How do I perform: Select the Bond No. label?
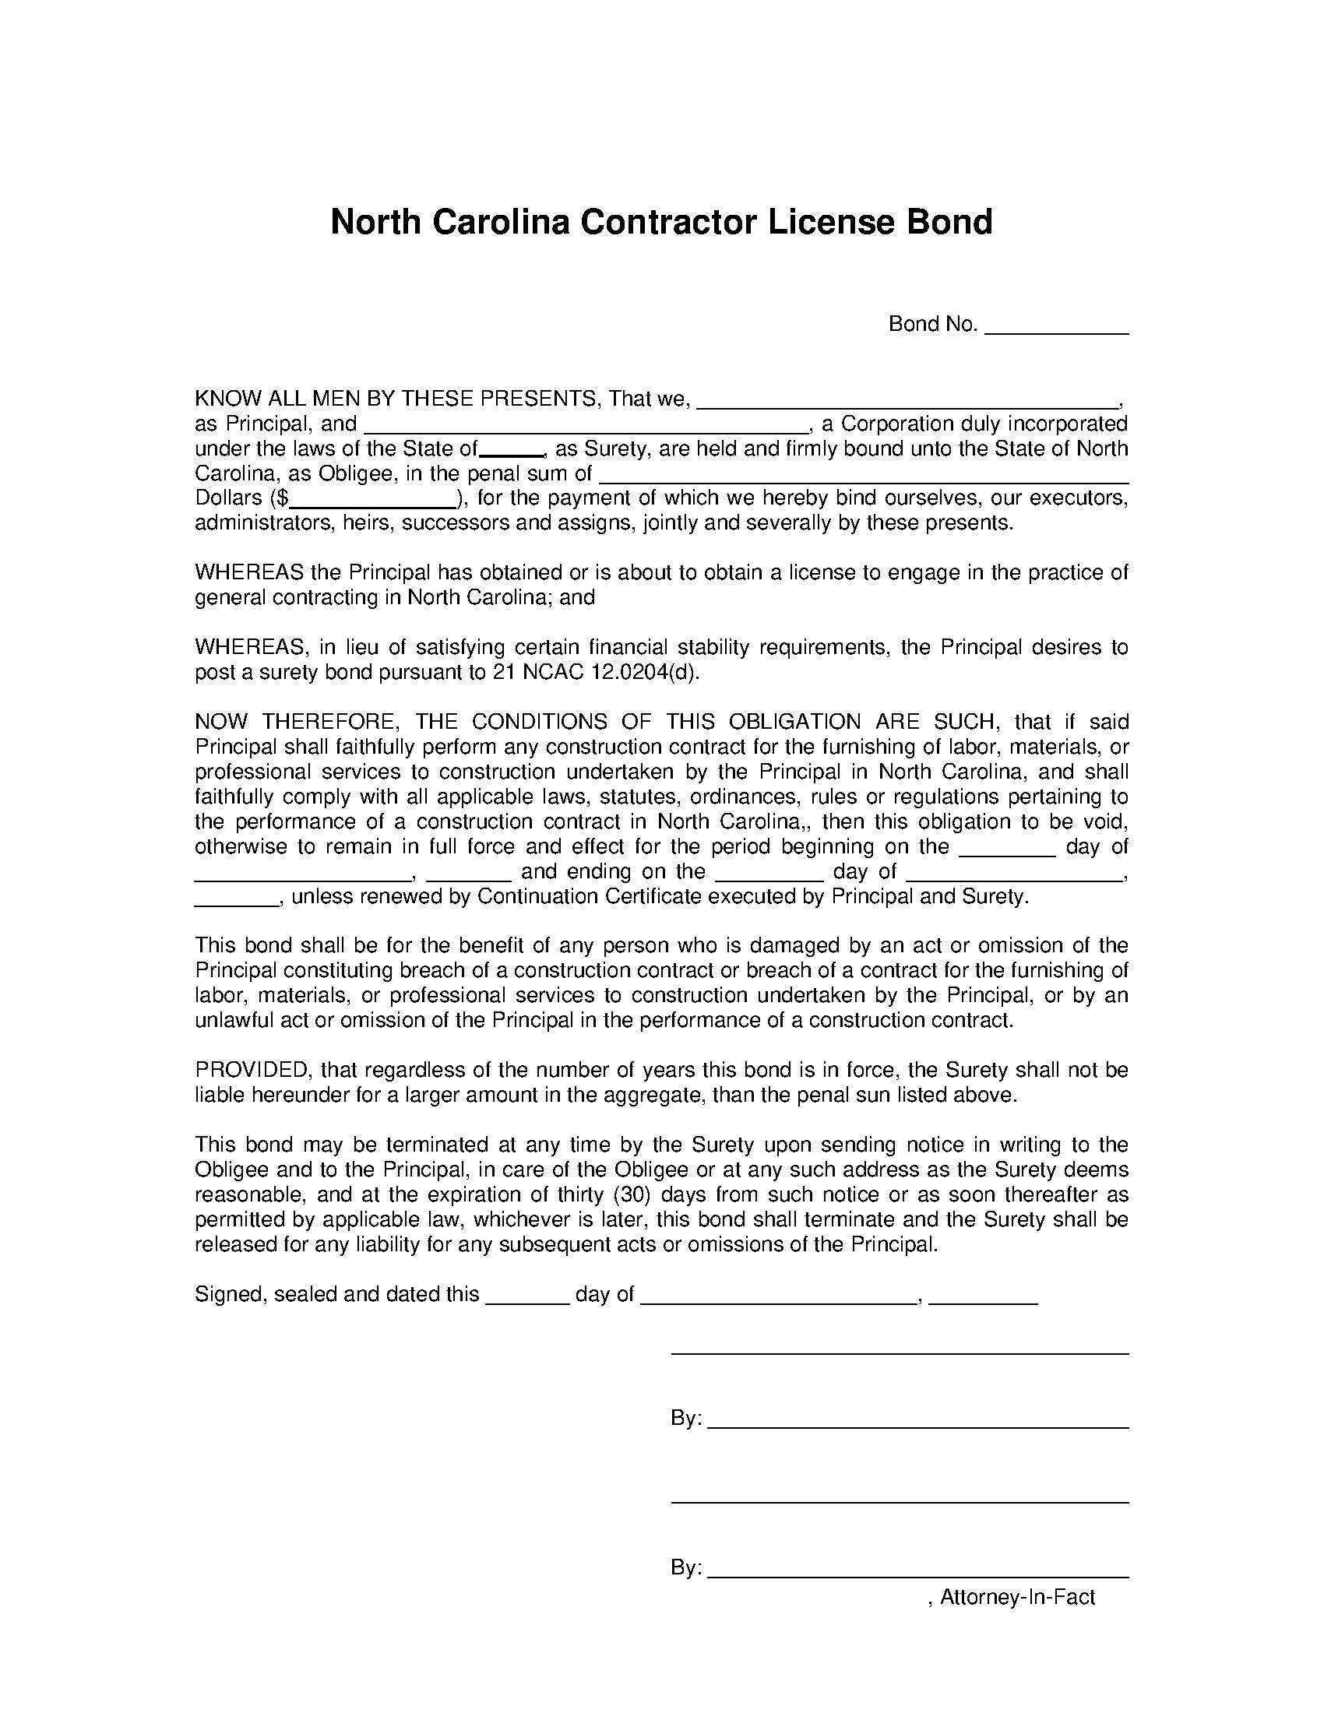pyautogui.click(x=932, y=324)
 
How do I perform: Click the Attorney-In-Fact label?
pyautogui.click(x=1016, y=1597)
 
